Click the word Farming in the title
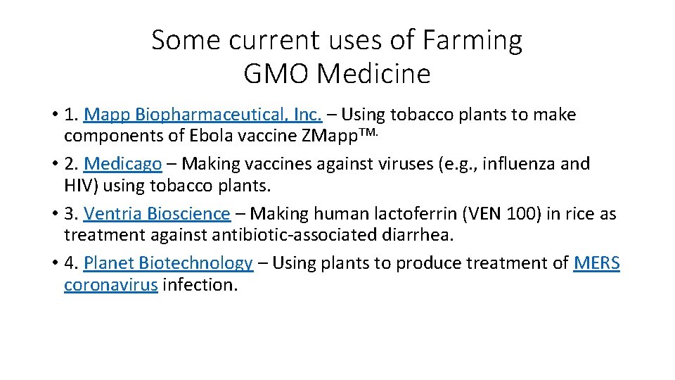point(472,41)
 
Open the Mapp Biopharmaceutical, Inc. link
point(202,115)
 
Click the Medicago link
point(123,164)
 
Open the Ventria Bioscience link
point(157,213)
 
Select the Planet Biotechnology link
point(168,263)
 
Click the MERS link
point(596,263)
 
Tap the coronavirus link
point(110,285)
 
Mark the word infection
point(200,285)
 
